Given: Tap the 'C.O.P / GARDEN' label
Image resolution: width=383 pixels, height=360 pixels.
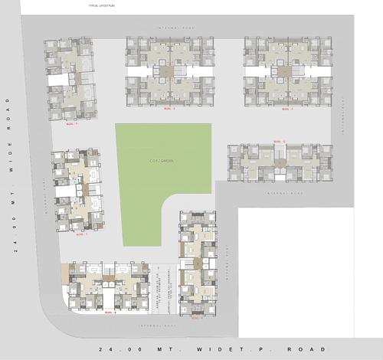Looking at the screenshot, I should tap(162, 161).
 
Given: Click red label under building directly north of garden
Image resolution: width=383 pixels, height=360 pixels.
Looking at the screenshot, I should tap(163, 110).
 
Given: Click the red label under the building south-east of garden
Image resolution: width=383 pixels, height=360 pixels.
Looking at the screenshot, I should tap(201, 316).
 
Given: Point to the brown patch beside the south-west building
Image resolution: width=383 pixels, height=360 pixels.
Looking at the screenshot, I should tap(66, 270).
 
